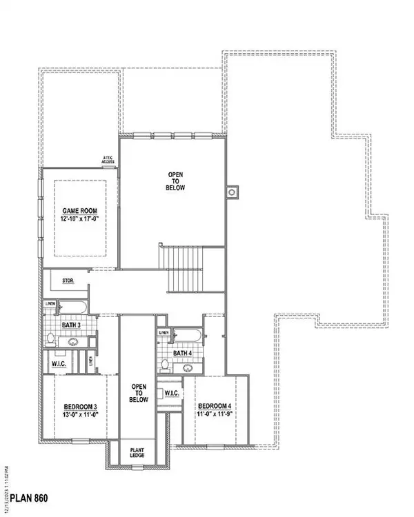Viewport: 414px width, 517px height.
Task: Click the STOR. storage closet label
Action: [x=68, y=281]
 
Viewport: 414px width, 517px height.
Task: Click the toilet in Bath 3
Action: [x=51, y=338]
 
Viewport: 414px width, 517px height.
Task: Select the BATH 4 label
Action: [x=182, y=354]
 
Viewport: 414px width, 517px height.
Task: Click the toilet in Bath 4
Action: [x=166, y=364]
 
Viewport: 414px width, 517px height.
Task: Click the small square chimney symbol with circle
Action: [x=233, y=191]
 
